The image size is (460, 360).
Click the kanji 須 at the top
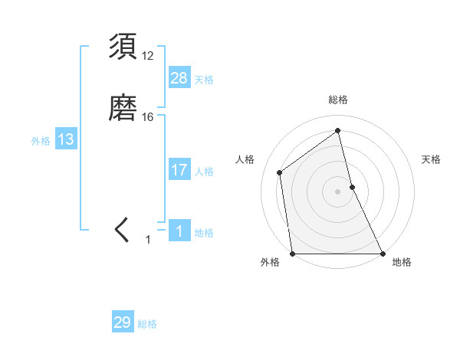[x=123, y=47]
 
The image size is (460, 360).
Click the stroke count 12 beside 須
[x=148, y=56]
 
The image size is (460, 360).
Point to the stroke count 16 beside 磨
[x=148, y=117]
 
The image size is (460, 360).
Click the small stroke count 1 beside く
[x=149, y=240]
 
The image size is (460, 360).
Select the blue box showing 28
[x=179, y=77]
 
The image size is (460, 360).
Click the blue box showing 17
[x=179, y=170]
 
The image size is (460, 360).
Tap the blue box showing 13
[x=66, y=139]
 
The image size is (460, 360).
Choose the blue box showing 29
[x=123, y=322]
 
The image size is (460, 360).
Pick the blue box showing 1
[x=179, y=231]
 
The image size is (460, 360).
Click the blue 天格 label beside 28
[x=204, y=79]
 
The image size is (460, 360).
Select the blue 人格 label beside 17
[x=204, y=172]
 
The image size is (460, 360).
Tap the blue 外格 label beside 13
[x=41, y=141]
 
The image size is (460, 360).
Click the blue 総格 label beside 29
[x=147, y=324]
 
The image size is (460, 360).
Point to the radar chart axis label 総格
[x=337, y=100]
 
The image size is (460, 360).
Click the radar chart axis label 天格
[x=431, y=159]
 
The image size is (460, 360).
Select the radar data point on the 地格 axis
[x=382, y=253]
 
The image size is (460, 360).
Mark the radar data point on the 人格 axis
[x=280, y=172]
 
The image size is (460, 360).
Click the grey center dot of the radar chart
[x=337, y=191]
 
